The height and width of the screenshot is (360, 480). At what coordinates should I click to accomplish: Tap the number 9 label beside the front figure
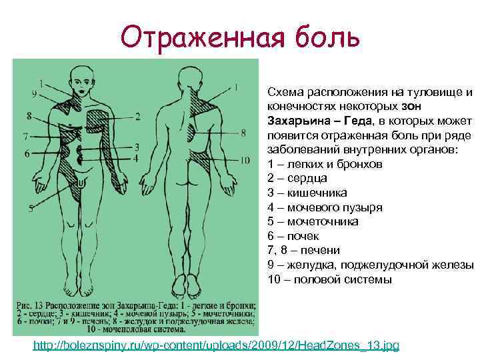coord(33,94)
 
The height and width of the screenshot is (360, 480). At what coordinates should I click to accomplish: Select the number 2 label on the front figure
coord(137,117)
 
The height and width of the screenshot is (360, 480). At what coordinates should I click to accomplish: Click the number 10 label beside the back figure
coord(244,160)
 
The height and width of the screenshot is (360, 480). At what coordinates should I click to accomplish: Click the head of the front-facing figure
coord(81,85)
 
